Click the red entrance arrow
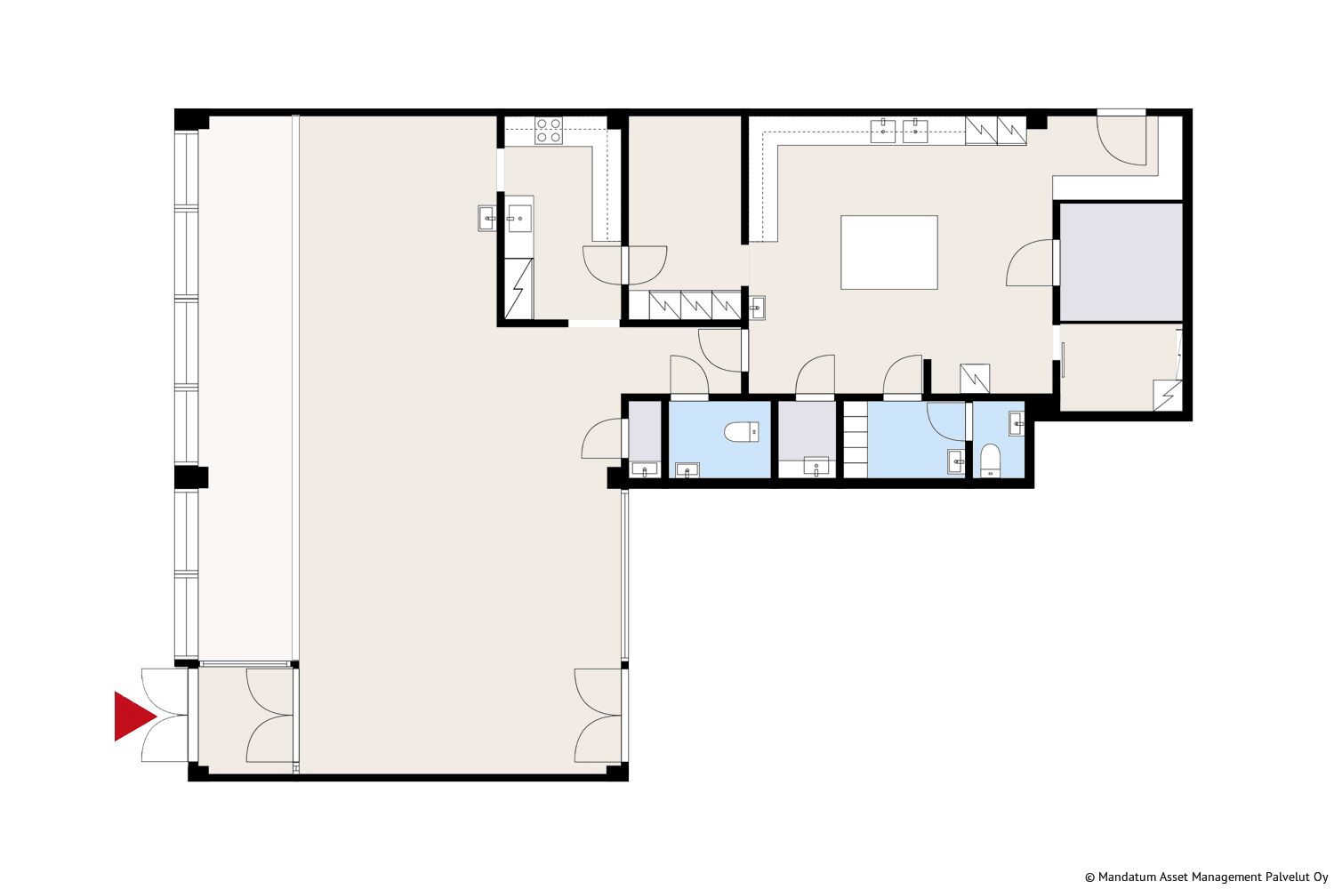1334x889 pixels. click(134, 717)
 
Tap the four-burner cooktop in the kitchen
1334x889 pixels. click(549, 131)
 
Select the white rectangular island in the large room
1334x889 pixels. click(889, 252)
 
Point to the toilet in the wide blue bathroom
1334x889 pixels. click(742, 432)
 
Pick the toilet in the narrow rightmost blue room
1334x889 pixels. click(991, 461)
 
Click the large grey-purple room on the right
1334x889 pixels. click(1121, 262)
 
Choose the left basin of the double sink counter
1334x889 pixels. click(883, 131)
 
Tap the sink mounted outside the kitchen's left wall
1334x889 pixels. click(486, 218)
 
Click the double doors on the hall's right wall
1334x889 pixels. click(599, 715)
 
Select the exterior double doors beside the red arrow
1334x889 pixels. click(165, 715)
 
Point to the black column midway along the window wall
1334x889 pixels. click(192, 477)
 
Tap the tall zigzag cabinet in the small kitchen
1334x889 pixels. click(518, 289)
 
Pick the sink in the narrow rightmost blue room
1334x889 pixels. click(1017, 424)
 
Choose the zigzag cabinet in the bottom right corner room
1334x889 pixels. click(1167, 396)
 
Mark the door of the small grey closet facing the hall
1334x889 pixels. click(603, 438)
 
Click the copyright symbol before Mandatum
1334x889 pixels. click(1089, 877)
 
